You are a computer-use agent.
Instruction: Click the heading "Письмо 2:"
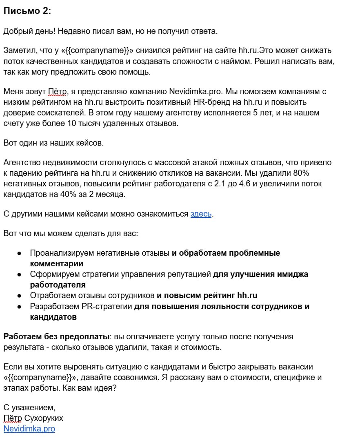27,11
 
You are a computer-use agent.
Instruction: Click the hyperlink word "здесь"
201,214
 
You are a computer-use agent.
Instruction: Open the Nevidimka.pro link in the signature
29,429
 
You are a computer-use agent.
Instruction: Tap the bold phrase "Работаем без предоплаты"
56,336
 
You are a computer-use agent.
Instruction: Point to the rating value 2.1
220,184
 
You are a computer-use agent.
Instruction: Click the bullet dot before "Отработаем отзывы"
19,295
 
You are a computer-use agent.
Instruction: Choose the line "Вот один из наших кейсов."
53,143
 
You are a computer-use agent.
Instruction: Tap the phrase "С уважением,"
29,407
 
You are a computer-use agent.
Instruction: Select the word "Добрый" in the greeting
18,31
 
